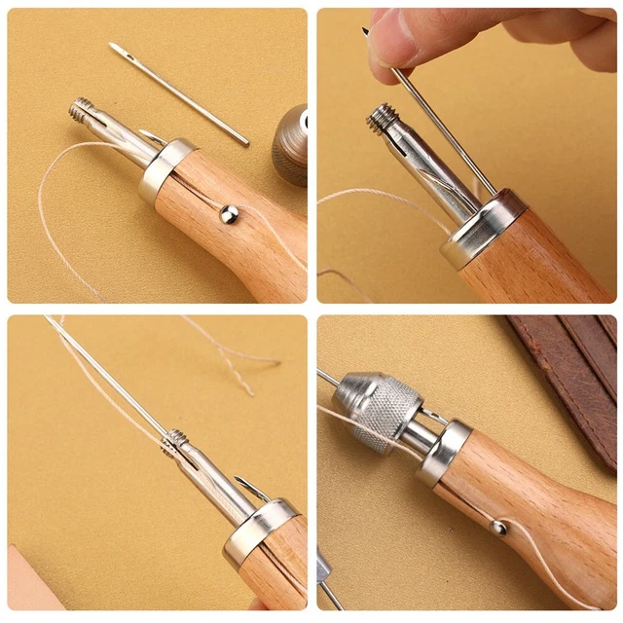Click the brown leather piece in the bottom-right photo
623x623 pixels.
click(x=574, y=370)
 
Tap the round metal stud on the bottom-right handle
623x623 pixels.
click(x=497, y=528)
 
